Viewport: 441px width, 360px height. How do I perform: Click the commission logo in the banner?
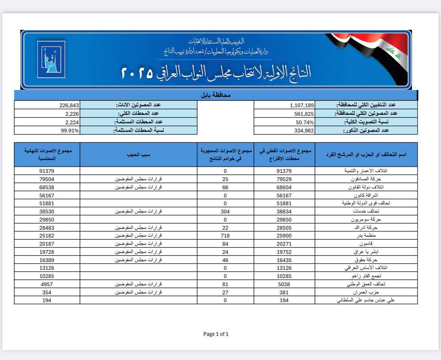pos(51,60)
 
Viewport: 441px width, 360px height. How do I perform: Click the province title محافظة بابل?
pos(216,95)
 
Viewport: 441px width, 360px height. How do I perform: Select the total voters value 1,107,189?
pos(302,105)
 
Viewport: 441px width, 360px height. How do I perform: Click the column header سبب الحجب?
pos(138,155)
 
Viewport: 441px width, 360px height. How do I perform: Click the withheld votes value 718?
pos(225,235)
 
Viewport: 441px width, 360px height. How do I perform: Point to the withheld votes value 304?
pos(225,211)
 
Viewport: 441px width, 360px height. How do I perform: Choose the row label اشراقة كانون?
pos(366,195)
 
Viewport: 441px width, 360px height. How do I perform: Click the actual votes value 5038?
pos(284,284)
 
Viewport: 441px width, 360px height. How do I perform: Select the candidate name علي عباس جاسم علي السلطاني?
pos(366,300)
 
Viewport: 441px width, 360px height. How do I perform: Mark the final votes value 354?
pos(47,292)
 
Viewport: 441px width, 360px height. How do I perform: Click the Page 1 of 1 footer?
pos(216,334)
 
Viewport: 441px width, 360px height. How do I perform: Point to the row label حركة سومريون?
pos(366,219)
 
